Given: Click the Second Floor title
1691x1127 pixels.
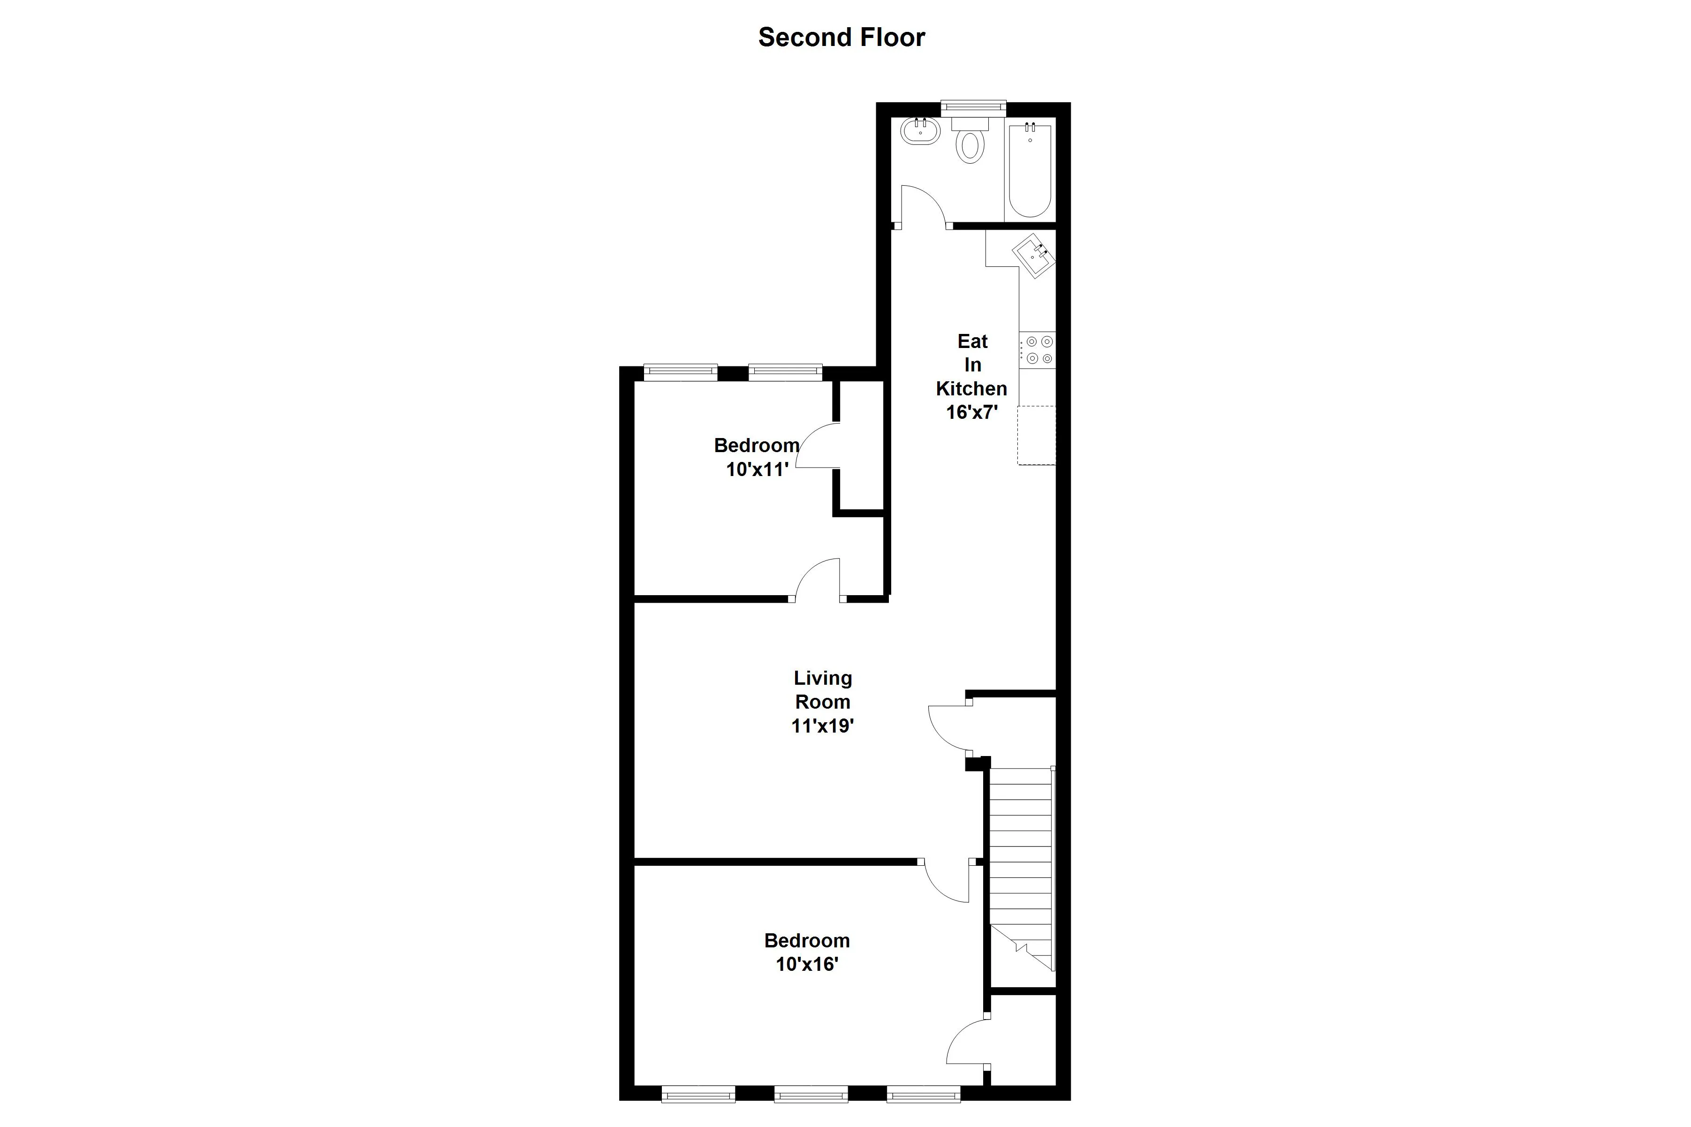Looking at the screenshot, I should click(841, 38).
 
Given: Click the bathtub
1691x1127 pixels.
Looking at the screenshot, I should click(1030, 171).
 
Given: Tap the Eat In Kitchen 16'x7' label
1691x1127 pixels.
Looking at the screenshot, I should click(971, 377).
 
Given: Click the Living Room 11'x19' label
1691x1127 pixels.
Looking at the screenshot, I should click(822, 702).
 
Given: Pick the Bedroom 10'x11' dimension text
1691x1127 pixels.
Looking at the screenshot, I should click(757, 470).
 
